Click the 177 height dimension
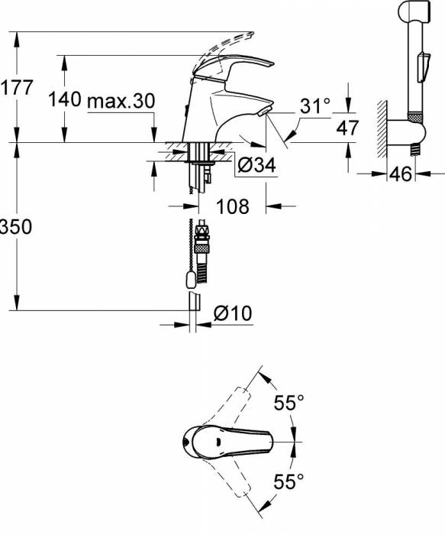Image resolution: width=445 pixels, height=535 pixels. [x=17, y=87]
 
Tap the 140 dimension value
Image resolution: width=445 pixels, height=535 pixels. [x=65, y=99]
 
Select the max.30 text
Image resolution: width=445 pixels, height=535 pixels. [x=121, y=102]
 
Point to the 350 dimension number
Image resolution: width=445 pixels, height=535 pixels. [x=16, y=226]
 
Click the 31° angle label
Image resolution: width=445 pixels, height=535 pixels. [x=315, y=105]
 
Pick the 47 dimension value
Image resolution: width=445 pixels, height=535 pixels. [x=347, y=128]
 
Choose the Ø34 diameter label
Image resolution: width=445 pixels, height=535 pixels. [x=256, y=165]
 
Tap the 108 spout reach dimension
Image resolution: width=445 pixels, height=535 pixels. [x=232, y=206]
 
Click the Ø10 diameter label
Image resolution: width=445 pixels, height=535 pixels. [x=233, y=313]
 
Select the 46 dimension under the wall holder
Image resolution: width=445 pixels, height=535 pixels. [x=401, y=174]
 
